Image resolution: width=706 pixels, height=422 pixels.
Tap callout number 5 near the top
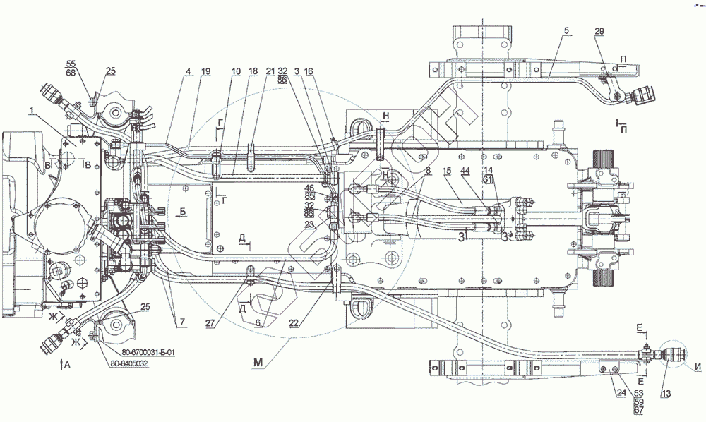point(566,32)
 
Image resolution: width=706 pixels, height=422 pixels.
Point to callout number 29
point(599,32)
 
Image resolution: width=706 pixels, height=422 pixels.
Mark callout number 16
point(309,71)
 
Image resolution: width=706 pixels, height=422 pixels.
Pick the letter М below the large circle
point(259,362)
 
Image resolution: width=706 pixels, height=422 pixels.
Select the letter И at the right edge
point(698,366)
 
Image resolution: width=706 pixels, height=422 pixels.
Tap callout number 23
point(309,224)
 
